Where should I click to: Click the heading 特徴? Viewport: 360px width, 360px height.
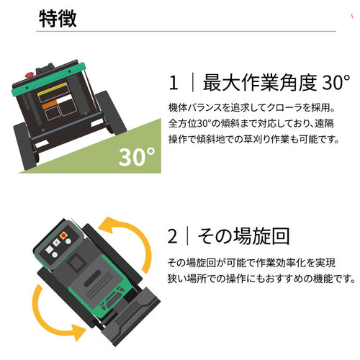pos(58,19)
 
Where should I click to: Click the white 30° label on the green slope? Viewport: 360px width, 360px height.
pos(137,157)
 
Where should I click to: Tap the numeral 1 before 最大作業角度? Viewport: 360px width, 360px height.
pos(174,83)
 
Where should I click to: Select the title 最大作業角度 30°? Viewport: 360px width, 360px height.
pos(276,83)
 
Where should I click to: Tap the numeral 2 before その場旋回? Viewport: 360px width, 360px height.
pos(173,236)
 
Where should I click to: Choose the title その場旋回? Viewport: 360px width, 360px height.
pos(243,236)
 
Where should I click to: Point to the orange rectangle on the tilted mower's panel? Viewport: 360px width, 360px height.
pos(50,105)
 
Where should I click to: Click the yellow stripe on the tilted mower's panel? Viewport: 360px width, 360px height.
pos(53,89)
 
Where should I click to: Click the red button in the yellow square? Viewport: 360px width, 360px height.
pos(63,235)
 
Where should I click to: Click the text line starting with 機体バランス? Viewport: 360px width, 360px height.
pos(252,108)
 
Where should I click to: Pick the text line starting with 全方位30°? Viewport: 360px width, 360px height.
pos(251,123)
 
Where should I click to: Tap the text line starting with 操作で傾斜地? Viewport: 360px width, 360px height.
pos(253,139)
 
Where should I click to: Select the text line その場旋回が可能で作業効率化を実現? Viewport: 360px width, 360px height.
pos(251,263)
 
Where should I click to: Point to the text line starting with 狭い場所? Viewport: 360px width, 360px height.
pos(261,279)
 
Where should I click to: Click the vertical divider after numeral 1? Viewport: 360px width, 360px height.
pos(193,83)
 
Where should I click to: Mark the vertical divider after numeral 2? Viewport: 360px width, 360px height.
pos(187,236)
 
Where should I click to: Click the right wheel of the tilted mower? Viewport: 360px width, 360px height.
pos(110,112)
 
